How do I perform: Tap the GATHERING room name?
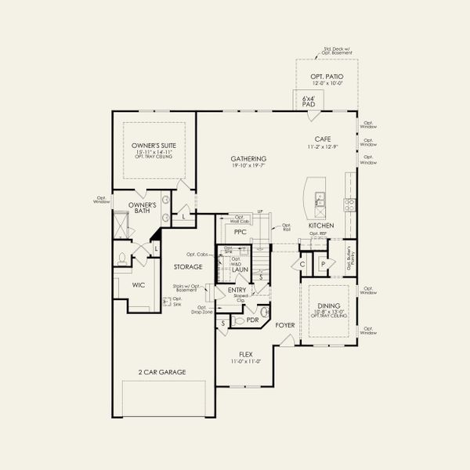[248, 158]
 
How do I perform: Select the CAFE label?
[323, 139]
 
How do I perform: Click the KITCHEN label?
[321, 226]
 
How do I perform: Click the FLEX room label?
[244, 354]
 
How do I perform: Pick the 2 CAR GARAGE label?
[162, 372]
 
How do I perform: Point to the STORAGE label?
[188, 267]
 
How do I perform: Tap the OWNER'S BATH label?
[143, 208]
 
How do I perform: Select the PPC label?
[240, 232]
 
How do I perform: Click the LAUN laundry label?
[240, 269]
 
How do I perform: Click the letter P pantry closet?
[323, 265]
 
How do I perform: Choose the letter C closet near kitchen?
[302, 265]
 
